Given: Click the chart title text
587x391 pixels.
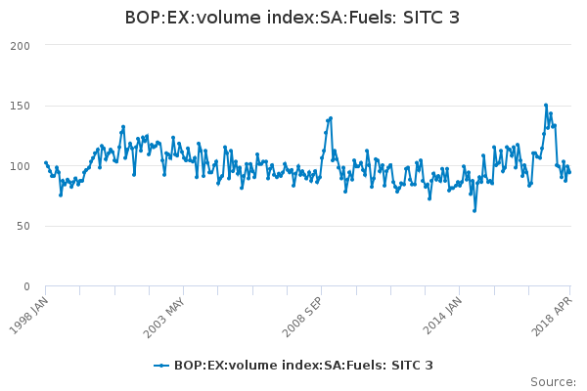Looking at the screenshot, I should pyautogui.click(x=293, y=18).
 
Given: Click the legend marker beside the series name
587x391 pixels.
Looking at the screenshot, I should pyautogui.click(x=158, y=366).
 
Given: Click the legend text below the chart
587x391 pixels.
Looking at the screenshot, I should pyautogui.click(x=303, y=366).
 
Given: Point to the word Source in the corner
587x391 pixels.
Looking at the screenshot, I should pyautogui.click(x=554, y=381).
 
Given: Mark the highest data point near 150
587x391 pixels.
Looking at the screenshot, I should pyautogui.click(x=546, y=106).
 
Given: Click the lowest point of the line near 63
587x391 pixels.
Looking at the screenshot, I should pyautogui.click(x=474, y=210).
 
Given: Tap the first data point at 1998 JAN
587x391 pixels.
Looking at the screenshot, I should pyautogui.click(x=46, y=163).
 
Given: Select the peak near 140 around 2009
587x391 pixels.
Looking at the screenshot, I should pyautogui.click(x=331, y=118).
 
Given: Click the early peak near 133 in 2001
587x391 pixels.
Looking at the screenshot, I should pyautogui.click(x=123, y=126).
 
